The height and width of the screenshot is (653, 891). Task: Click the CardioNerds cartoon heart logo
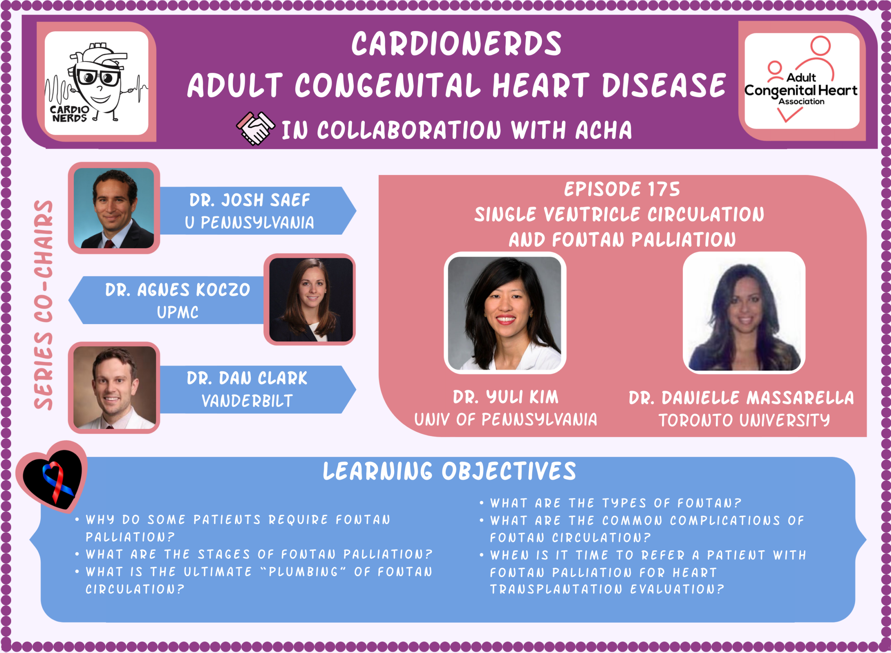(x=96, y=83)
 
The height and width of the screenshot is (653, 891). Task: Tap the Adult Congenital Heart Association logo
(x=801, y=81)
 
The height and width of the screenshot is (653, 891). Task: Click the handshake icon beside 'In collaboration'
(x=255, y=128)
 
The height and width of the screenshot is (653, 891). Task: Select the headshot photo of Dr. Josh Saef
(x=114, y=208)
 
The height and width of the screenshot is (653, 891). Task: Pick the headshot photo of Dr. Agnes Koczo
(x=310, y=300)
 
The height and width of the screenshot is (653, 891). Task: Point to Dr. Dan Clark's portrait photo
(x=114, y=387)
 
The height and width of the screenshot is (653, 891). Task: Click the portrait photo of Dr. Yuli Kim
(x=505, y=313)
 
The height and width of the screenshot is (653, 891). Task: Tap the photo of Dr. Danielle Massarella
(x=744, y=313)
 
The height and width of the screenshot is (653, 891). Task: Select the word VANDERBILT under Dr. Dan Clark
(x=247, y=401)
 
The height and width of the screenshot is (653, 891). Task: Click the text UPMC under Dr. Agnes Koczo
(x=178, y=312)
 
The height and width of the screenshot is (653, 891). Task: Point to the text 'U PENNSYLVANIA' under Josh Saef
(x=250, y=222)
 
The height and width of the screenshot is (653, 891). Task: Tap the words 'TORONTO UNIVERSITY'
(x=744, y=420)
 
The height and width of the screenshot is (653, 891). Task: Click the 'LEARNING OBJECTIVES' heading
(x=450, y=471)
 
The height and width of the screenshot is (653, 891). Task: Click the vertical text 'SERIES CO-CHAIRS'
(x=44, y=305)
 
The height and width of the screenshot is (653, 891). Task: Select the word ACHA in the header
(x=604, y=130)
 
